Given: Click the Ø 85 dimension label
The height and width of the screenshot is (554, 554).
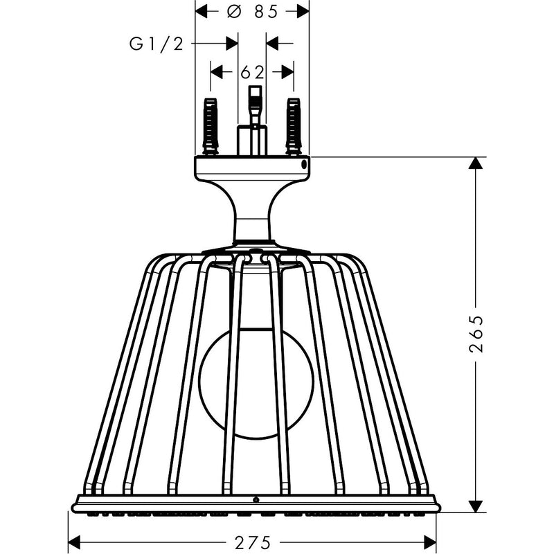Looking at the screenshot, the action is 252,12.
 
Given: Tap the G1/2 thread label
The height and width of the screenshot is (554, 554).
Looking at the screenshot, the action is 157,44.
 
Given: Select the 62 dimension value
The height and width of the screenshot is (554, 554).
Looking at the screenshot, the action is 252,73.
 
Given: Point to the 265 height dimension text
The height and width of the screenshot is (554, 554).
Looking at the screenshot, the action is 476,334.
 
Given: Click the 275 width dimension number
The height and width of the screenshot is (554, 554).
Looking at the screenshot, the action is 252,542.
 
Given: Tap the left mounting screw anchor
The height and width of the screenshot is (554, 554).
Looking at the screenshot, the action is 211,127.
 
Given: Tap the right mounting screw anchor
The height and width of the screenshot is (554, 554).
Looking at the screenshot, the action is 294,127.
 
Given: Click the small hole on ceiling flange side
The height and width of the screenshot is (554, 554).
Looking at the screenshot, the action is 304,164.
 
